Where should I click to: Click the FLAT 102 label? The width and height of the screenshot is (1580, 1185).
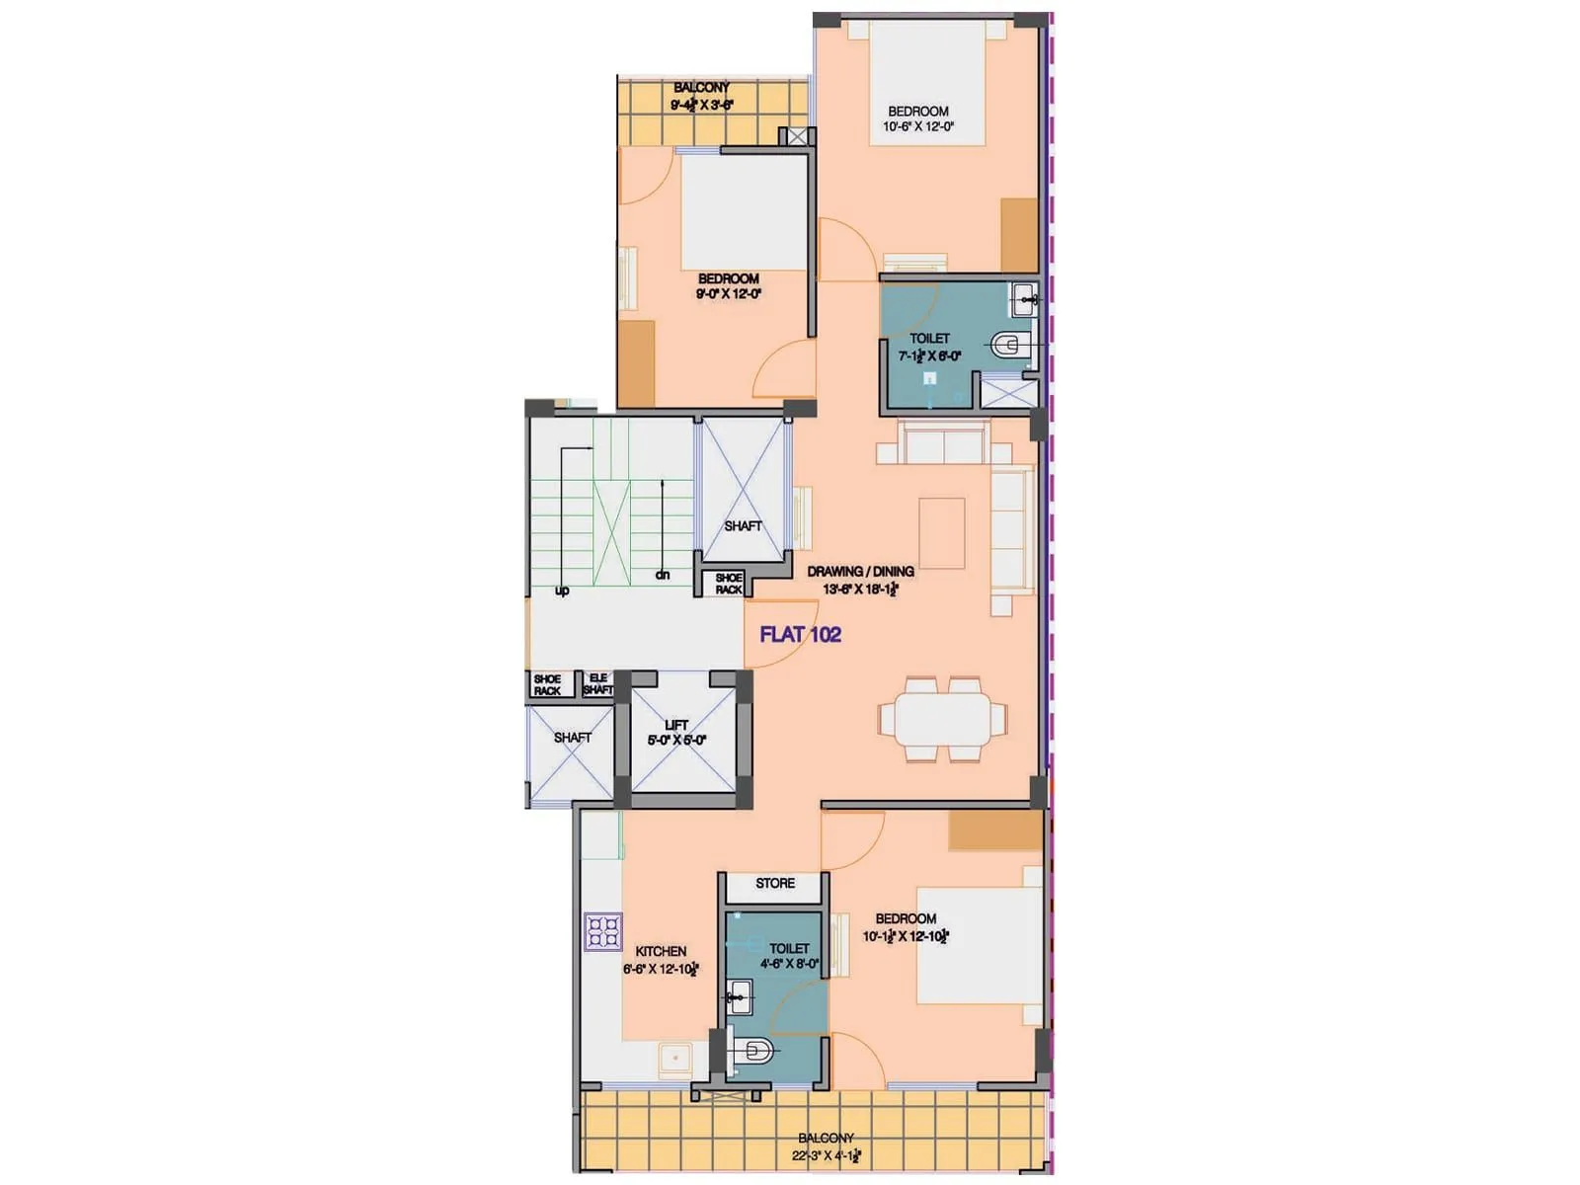click(x=800, y=634)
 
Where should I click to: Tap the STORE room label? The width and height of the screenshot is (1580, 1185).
click(x=775, y=883)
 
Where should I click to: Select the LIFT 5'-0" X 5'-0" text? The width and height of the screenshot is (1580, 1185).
click(x=676, y=733)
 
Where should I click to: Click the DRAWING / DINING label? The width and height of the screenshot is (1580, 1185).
click(x=860, y=571)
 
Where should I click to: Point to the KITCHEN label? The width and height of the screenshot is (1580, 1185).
click(x=661, y=951)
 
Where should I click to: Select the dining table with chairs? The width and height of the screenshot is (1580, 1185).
click(x=943, y=719)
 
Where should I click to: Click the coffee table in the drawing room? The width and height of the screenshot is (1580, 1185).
click(x=942, y=532)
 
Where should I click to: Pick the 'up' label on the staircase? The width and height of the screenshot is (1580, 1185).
click(x=562, y=591)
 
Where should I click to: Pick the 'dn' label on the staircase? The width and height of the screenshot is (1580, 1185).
click(x=663, y=574)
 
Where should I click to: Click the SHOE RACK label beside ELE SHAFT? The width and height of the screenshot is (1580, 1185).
click(x=547, y=684)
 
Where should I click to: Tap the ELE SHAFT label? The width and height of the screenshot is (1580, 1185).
click(x=597, y=683)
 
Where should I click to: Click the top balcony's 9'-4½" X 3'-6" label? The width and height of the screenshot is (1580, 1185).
click(x=702, y=104)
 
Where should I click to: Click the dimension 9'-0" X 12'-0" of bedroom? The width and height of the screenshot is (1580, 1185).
click(x=729, y=293)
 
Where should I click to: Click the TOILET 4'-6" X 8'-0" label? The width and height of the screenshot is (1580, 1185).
click(x=789, y=955)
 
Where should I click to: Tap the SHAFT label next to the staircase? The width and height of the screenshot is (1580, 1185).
click(x=743, y=526)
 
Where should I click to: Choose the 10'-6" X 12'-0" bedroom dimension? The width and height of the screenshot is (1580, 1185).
click(x=918, y=126)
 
